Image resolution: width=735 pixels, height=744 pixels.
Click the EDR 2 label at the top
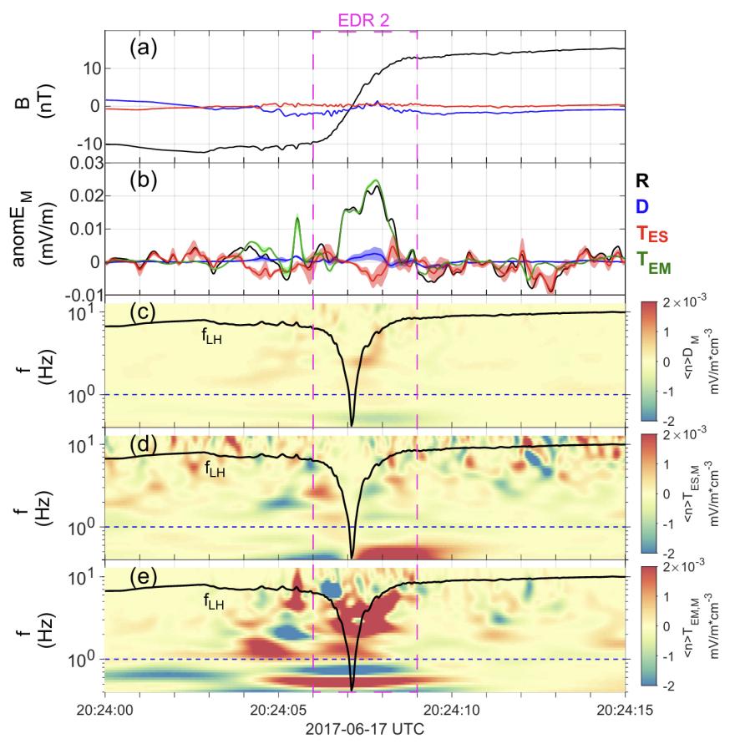[x=364, y=16]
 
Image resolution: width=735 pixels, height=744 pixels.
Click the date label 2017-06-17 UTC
[x=364, y=729]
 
